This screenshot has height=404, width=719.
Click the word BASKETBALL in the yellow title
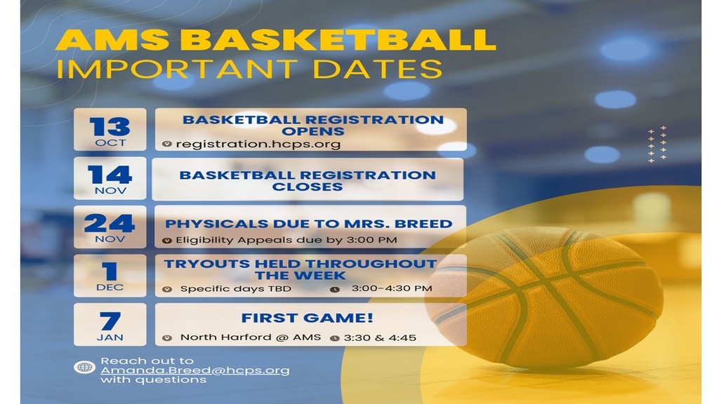(338, 40)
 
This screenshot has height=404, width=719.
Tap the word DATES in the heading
(377, 69)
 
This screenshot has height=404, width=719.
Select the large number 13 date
(110, 126)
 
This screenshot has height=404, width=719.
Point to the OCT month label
(110, 143)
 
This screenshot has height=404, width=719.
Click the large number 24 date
(109, 224)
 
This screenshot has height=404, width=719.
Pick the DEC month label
(110, 287)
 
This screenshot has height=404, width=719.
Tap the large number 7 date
(110, 321)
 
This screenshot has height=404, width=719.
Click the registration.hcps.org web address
(258, 144)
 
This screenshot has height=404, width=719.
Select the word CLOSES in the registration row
(308, 187)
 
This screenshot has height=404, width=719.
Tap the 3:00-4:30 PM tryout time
(392, 288)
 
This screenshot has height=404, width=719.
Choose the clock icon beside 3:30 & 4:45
(335, 338)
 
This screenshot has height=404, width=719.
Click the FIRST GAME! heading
(308, 318)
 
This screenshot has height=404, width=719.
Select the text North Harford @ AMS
(251, 337)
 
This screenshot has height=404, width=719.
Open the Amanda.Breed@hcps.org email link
(195, 370)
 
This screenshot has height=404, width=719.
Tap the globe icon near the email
(85, 368)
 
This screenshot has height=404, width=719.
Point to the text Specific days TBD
(236, 289)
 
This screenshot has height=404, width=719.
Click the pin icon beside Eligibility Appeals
(167, 241)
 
